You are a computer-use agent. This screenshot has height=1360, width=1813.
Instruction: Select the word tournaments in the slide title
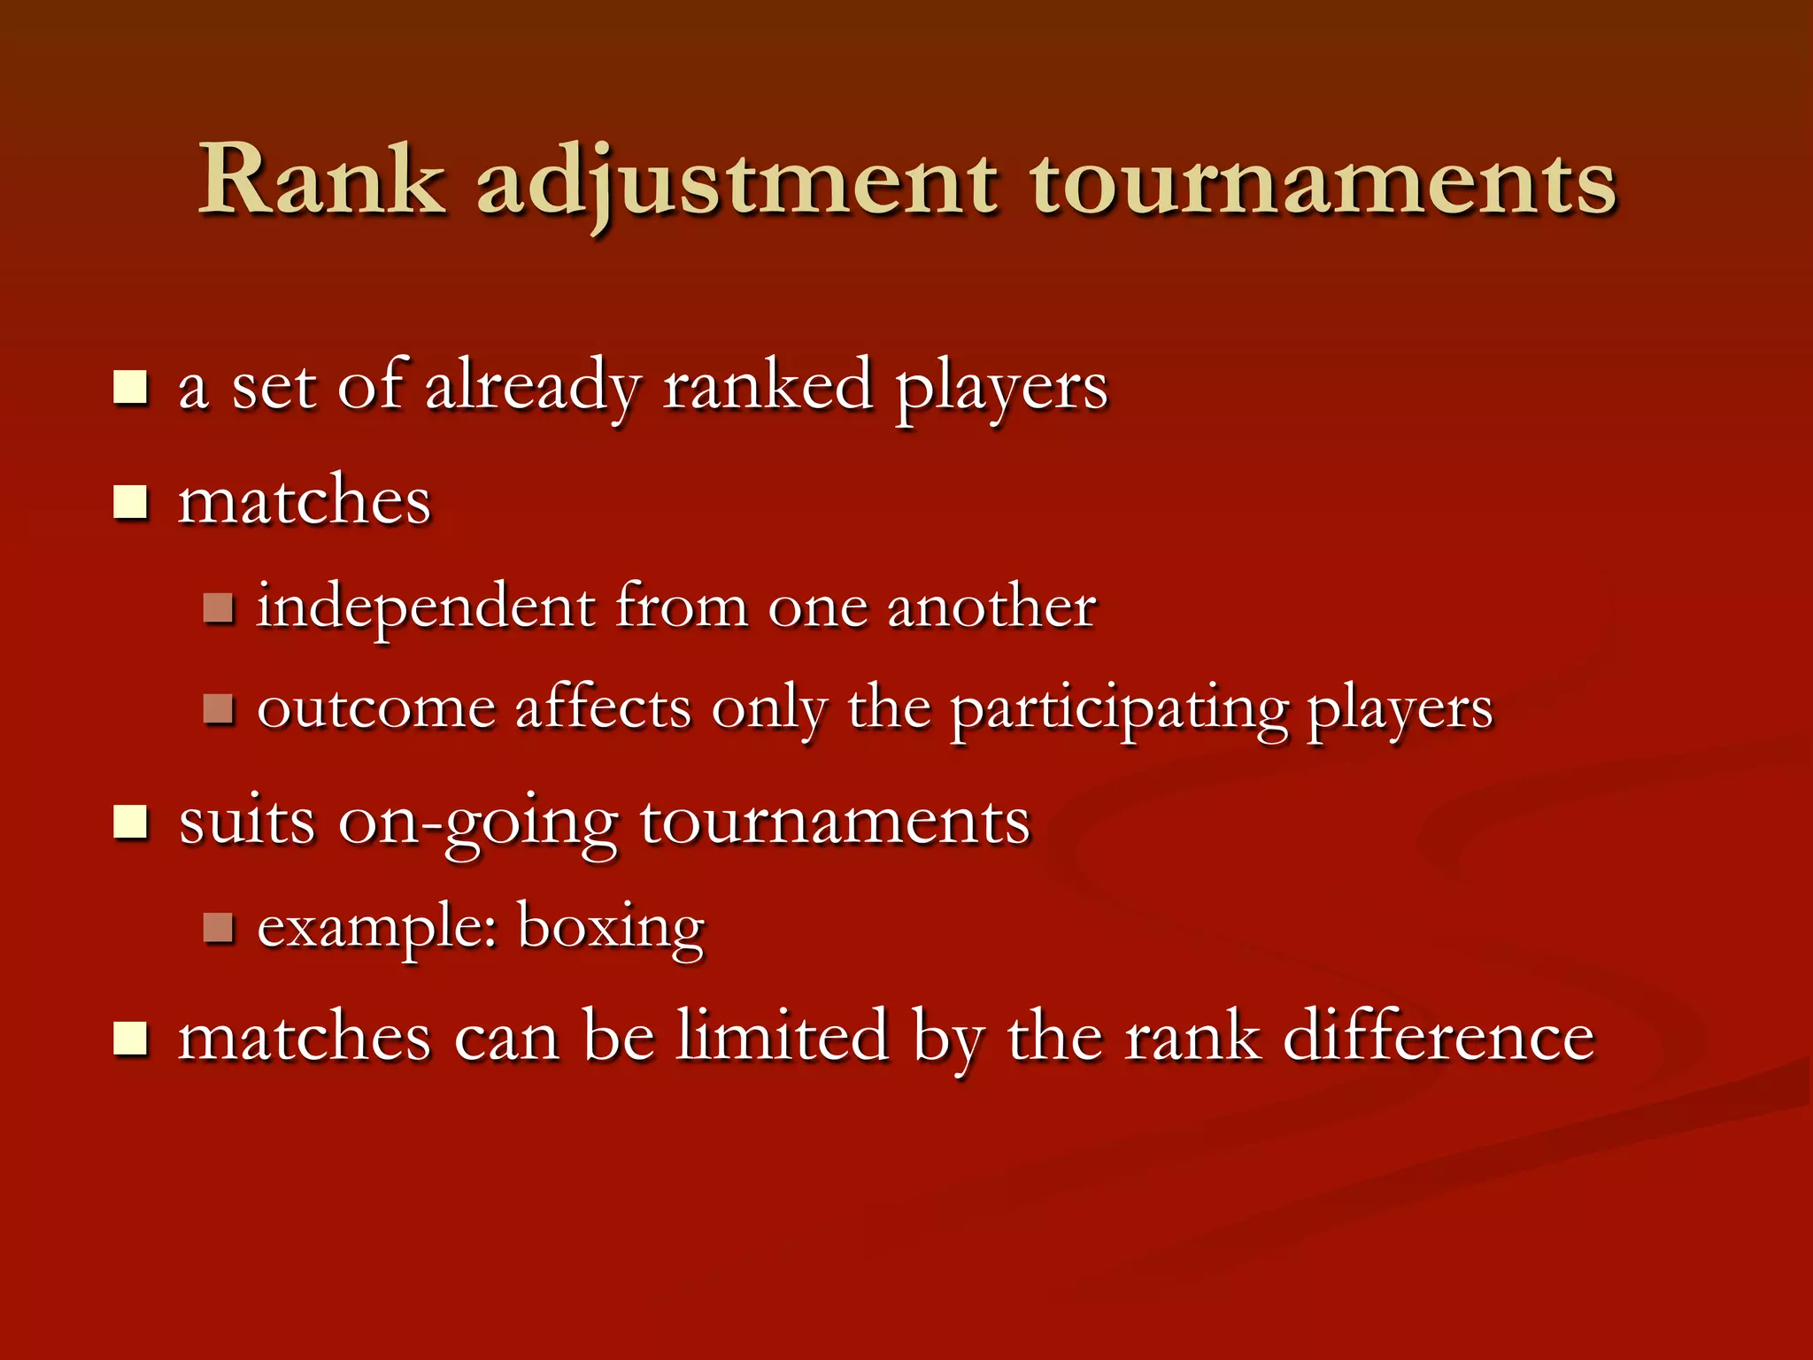click(x=1323, y=184)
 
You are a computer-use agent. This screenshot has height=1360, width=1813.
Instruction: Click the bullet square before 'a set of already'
click(x=130, y=388)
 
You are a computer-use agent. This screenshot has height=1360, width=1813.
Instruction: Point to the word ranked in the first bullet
click(x=768, y=386)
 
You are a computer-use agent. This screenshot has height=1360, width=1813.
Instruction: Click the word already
click(x=532, y=388)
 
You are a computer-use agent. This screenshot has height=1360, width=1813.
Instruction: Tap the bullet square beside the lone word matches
click(x=130, y=502)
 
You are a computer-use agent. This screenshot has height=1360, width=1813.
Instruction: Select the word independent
click(x=426, y=608)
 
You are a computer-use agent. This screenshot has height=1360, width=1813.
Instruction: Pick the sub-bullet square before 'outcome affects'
click(x=218, y=708)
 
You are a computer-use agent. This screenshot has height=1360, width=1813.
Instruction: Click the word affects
click(x=603, y=708)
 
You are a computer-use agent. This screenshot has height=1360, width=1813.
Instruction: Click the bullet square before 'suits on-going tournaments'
click(x=130, y=823)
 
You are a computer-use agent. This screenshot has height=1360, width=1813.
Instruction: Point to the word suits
click(x=246, y=822)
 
